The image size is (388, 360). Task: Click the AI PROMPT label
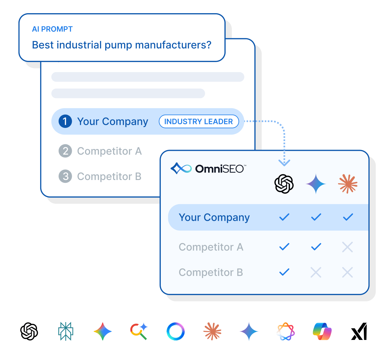[52, 29]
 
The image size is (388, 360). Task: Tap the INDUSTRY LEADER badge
[199, 121]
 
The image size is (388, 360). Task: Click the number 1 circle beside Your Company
[65, 121]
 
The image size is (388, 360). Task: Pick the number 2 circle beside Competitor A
[65, 151]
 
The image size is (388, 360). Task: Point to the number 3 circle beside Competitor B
[65, 176]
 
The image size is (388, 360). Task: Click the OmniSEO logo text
[220, 169]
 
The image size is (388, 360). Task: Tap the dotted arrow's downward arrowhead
[284, 163]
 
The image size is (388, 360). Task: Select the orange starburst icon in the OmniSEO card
[348, 184]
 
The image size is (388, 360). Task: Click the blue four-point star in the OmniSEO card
[316, 184]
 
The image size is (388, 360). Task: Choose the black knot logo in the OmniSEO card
[284, 184]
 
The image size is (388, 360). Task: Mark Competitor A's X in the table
[348, 247]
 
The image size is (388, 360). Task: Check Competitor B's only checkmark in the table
[284, 272]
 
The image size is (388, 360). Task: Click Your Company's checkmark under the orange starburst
[348, 217]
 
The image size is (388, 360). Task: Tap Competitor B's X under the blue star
[316, 272]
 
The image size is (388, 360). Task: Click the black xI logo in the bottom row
[359, 331]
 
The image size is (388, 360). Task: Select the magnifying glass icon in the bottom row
[139, 331]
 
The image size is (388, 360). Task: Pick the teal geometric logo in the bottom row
[66, 331]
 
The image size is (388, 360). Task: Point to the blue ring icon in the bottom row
[176, 331]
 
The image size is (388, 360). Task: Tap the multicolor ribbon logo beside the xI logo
[322, 331]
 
